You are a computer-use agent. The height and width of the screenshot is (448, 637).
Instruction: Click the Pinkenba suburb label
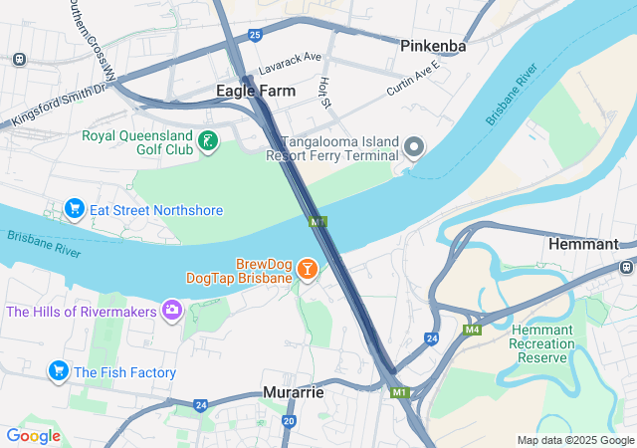click(434, 46)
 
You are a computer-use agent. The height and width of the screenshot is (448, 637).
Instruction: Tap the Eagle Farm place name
click(256, 91)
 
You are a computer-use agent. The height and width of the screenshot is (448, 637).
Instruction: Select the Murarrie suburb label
click(294, 392)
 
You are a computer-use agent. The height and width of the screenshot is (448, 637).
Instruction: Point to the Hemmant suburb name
click(591, 243)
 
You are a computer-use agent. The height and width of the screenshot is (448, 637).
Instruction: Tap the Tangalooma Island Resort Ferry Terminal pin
click(414, 149)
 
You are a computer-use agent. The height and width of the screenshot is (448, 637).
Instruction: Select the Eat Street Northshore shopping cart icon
click(74, 210)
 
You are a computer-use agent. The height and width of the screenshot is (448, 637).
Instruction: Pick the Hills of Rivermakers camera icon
click(172, 312)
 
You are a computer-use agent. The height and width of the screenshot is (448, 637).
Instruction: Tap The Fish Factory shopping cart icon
click(58, 372)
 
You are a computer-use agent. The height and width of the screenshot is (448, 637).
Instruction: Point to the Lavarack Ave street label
click(290, 64)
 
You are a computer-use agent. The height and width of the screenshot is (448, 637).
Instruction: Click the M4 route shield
click(472, 329)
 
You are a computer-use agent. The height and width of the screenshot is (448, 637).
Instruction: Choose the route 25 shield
click(256, 36)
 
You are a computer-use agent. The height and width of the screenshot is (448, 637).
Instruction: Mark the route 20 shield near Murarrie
click(289, 421)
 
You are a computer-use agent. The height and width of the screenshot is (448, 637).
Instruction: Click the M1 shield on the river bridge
click(318, 222)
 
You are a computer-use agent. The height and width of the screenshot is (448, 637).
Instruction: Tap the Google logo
click(33, 436)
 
